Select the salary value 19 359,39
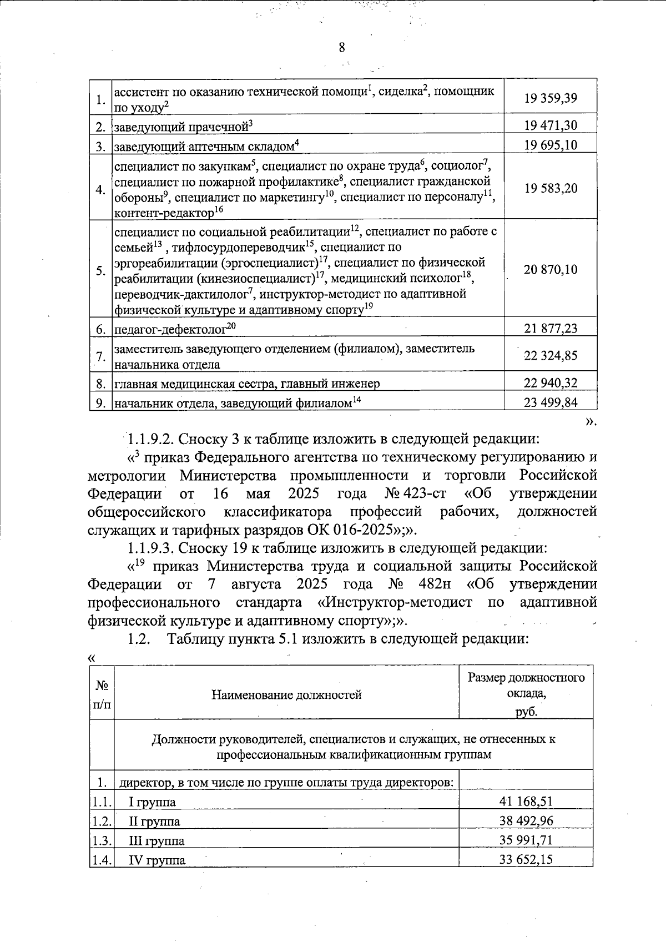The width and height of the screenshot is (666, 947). click(551, 98)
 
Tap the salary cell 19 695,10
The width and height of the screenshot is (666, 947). click(551, 145)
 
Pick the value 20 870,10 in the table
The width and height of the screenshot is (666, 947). click(551, 270)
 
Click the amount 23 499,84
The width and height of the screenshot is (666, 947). click(551, 402)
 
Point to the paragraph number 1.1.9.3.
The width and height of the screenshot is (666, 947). click(152, 548)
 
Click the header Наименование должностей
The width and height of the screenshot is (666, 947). click(286, 694)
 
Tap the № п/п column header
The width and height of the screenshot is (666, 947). click(102, 694)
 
